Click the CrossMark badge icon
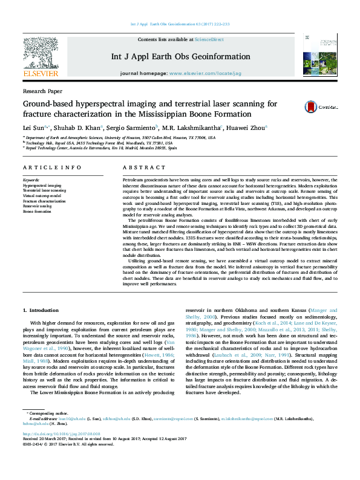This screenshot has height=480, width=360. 313,107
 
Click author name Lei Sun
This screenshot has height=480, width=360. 30,127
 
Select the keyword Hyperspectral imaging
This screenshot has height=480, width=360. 42,185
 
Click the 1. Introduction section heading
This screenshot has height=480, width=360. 41,310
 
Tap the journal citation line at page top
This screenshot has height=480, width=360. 180,24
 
